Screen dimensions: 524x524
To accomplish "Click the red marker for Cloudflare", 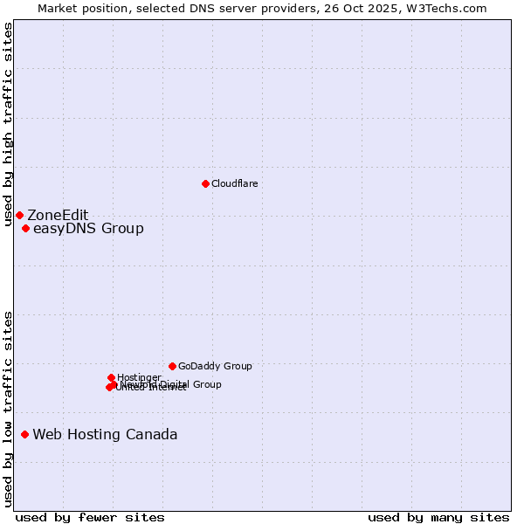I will (x=205, y=183).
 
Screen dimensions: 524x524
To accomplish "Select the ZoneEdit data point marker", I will (x=19, y=215).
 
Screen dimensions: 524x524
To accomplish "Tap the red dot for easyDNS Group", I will (x=25, y=229).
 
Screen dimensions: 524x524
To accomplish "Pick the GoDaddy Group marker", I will (x=172, y=366).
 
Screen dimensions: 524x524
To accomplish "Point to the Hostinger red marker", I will (x=111, y=377).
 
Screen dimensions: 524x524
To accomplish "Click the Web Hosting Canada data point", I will (x=24, y=434).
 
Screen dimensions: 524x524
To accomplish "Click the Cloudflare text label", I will (x=234, y=183).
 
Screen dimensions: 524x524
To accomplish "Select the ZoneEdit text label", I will (x=58, y=216).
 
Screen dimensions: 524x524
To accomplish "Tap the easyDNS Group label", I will (x=88, y=229).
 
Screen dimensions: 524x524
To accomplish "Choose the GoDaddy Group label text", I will (x=215, y=367).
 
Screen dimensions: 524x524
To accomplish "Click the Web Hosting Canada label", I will (x=105, y=435).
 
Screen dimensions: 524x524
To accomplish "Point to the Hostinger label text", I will (x=139, y=377).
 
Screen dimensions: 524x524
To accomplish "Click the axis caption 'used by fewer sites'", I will (x=90, y=517).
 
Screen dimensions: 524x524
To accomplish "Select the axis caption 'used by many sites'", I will (x=438, y=517).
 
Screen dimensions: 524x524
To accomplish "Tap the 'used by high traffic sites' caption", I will (x=9, y=125).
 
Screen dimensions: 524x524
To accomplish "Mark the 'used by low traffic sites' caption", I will (x=9, y=408).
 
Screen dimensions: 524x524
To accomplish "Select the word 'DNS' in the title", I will (x=198, y=9).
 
